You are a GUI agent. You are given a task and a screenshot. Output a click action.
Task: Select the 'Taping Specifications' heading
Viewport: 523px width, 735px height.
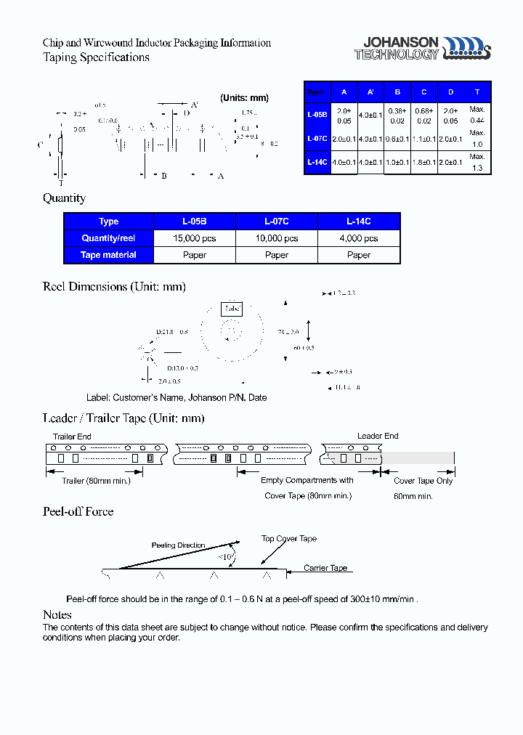click(x=96, y=57)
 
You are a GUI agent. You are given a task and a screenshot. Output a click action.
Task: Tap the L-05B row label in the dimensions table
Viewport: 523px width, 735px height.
click(x=317, y=115)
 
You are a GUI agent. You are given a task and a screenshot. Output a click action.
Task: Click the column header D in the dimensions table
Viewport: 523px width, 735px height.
click(x=450, y=92)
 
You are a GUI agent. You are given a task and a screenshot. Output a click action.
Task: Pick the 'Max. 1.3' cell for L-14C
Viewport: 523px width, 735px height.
click(x=477, y=162)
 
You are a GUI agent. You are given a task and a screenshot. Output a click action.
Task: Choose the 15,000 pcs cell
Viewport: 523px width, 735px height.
click(x=195, y=238)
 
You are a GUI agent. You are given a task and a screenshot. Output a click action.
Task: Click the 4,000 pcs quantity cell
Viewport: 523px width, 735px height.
click(x=359, y=238)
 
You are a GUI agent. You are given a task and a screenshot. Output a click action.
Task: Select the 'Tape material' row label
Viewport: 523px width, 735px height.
click(x=108, y=255)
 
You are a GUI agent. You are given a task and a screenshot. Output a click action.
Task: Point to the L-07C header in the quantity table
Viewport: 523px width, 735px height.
click(x=277, y=222)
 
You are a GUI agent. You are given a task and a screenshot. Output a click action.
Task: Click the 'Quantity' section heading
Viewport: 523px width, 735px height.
click(x=64, y=198)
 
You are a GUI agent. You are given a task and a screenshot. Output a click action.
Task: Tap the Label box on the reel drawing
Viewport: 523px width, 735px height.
click(x=232, y=309)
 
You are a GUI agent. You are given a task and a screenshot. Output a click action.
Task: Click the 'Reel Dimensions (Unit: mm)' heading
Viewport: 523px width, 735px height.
click(x=114, y=286)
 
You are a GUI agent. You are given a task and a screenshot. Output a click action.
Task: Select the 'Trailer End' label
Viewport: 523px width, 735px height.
click(x=72, y=436)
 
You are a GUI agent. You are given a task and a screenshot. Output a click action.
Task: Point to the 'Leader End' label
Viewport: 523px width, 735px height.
click(x=378, y=436)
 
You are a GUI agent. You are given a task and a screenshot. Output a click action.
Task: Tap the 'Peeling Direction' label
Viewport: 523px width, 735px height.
click(x=178, y=545)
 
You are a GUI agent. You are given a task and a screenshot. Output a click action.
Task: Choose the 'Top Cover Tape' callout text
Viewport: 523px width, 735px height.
click(x=289, y=539)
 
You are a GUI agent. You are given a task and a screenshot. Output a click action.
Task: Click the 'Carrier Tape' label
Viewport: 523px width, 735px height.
click(x=325, y=568)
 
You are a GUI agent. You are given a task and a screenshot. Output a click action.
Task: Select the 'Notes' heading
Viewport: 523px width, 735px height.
click(x=57, y=615)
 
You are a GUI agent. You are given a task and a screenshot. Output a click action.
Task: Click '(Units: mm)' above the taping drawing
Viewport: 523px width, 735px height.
click(x=244, y=98)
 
